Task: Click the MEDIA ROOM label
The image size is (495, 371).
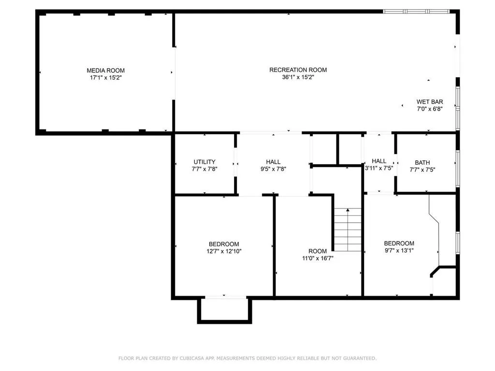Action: [105, 71]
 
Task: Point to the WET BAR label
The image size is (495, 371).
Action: [430, 102]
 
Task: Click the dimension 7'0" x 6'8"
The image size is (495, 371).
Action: [430, 109]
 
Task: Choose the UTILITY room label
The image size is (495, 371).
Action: [204, 162]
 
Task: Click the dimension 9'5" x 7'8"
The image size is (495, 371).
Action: [273, 169]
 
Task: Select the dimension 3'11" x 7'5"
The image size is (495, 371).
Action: [379, 169]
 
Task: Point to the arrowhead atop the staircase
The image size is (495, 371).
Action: [348, 211]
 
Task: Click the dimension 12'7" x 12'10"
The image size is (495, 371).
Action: [224, 251]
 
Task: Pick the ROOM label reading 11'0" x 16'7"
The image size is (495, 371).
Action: [318, 251]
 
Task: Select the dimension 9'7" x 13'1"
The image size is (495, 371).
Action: [399, 250]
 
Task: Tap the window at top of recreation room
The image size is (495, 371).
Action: [416, 11]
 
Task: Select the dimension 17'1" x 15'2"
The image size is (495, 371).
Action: [105, 77]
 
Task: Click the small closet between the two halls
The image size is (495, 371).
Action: [350, 149]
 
